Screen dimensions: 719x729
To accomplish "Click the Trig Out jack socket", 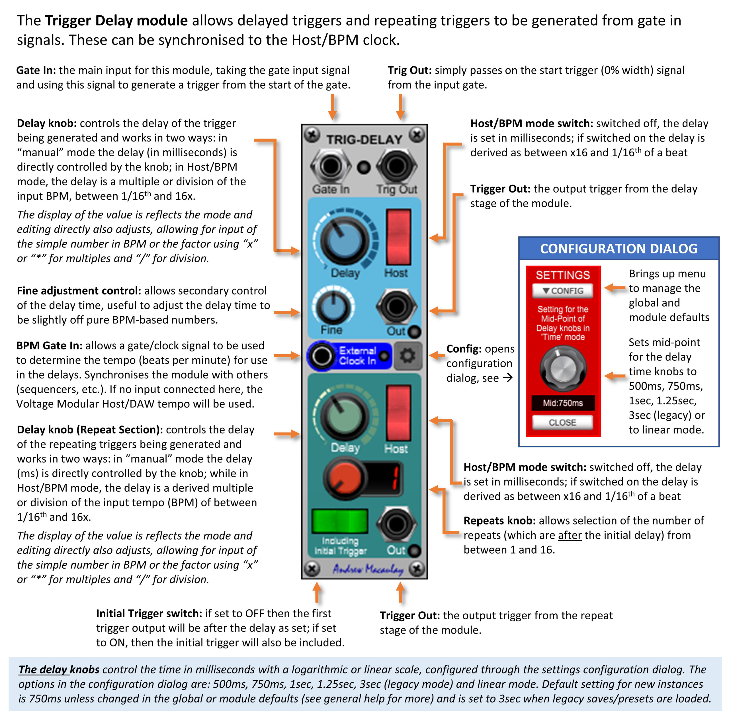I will pyautogui.click(x=397, y=166).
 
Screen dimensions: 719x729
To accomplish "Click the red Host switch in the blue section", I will pyautogui.click(x=398, y=237).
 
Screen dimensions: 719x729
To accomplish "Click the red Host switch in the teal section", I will pyautogui.click(x=398, y=413).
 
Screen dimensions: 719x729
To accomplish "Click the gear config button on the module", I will pyautogui.click(x=407, y=356).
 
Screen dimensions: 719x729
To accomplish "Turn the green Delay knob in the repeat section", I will pyautogui.click(x=344, y=416).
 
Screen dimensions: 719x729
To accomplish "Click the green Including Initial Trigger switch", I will pyautogui.click(x=340, y=521).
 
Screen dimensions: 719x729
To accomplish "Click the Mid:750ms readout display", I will pyautogui.click(x=563, y=403).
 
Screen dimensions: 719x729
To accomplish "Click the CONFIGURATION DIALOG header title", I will pyautogui.click(x=619, y=249).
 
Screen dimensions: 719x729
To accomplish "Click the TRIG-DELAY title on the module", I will pyautogui.click(x=364, y=140).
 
